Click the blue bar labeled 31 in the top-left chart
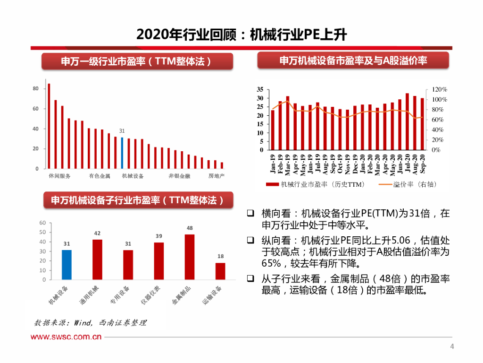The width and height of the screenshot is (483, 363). (122, 153)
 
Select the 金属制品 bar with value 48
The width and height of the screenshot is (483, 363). (190, 257)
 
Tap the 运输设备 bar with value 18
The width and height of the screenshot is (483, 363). (220, 271)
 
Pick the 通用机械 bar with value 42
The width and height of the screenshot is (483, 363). (97, 259)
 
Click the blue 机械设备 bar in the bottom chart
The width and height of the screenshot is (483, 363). (67, 265)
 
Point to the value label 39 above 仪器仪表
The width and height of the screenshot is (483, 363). (159, 236)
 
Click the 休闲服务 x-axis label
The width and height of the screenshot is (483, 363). (59, 176)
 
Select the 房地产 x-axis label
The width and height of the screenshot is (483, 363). (217, 176)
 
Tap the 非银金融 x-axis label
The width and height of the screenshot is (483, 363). (180, 176)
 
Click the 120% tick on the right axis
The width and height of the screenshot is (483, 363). (439, 90)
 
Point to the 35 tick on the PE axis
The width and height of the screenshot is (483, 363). (260, 90)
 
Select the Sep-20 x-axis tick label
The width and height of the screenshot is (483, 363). (423, 164)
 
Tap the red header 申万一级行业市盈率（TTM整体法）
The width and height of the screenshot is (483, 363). (137, 61)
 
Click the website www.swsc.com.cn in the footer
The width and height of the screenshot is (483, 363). (67, 337)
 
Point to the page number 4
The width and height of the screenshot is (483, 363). (452, 347)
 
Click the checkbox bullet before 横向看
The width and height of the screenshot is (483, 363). (251, 213)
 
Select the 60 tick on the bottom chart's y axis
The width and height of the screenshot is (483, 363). (43, 223)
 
